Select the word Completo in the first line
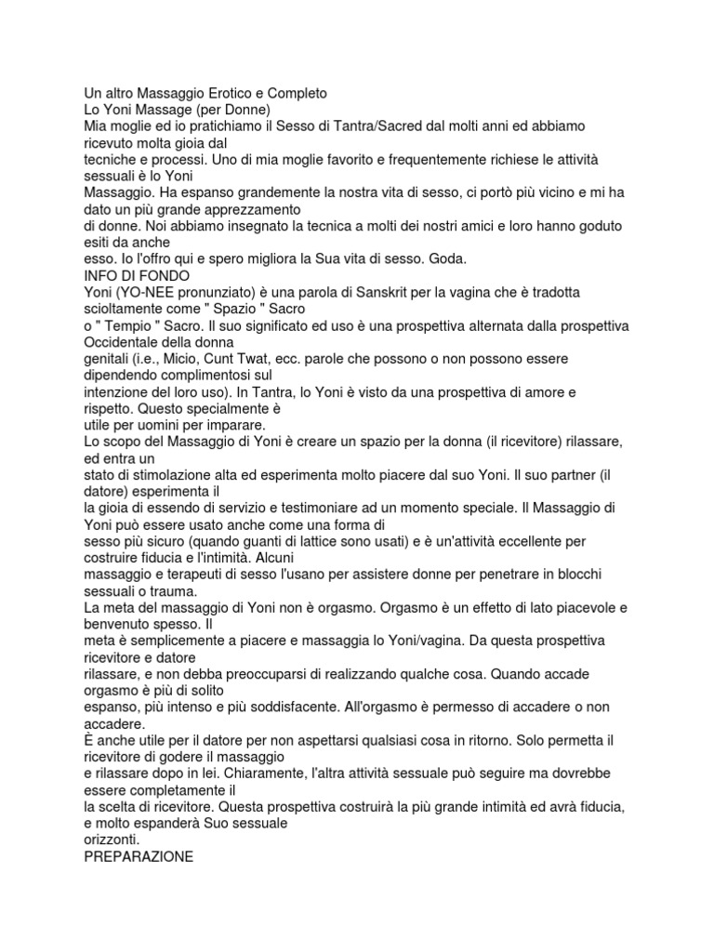point(294,94)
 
